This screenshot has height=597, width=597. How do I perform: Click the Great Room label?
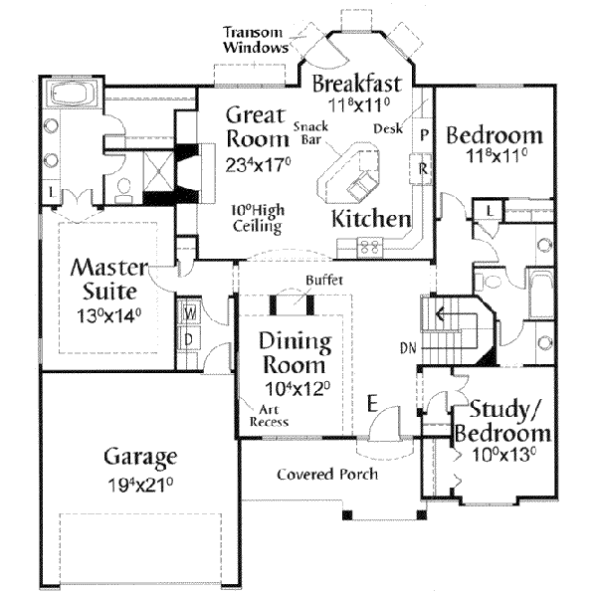[x=258, y=126]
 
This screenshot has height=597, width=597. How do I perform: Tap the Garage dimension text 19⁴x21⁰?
[x=141, y=485]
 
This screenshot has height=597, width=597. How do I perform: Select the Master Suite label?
[x=109, y=279]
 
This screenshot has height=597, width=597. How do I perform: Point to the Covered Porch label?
[x=327, y=475]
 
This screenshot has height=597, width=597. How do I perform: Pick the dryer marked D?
[x=189, y=339]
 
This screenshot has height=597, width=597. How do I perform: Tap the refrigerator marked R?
[x=421, y=168]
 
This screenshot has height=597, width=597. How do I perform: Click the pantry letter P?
[x=424, y=134]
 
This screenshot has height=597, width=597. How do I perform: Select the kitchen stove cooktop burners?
[x=370, y=246]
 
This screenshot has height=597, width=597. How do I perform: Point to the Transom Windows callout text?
[x=255, y=40]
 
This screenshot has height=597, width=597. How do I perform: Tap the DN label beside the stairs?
[x=408, y=348]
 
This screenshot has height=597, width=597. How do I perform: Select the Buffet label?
[x=324, y=281]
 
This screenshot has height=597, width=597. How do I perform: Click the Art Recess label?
[x=269, y=416]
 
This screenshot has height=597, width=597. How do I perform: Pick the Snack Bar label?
[x=311, y=133]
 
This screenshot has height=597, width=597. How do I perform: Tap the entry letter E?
[x=372, y=404]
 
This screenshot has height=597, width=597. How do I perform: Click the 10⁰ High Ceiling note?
[x=258, y=218]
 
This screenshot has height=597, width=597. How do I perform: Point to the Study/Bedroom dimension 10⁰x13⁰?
[x=504, y=455]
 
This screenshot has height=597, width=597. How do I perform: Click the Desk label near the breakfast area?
[x=388, y=128]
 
